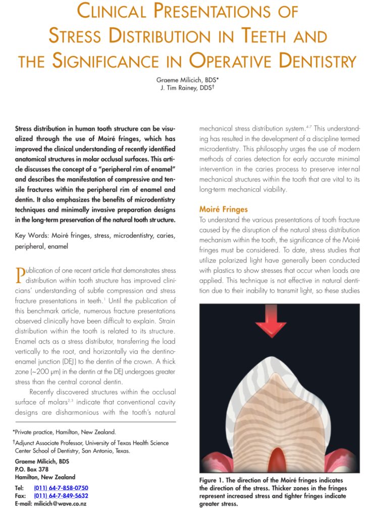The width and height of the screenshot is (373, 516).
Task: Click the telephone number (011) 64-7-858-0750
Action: (61, 488)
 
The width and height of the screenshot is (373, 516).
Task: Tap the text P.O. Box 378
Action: (32, 469)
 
